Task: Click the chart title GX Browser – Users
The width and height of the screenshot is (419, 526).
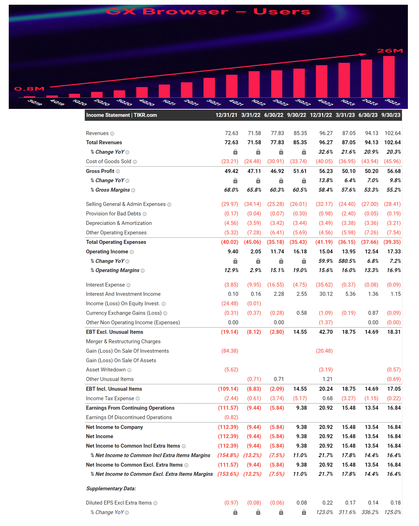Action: click(208, 11)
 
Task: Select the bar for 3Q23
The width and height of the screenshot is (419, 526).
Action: click(389, 77)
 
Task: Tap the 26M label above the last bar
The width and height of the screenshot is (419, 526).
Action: click(390, 51)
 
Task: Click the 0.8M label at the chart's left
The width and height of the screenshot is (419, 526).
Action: click(29, 89)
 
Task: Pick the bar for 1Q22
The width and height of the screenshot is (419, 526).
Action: click(254, 84)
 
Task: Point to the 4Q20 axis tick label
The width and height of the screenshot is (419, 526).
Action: click(147, 102)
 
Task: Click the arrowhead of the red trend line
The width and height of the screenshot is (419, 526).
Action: click(363, 54)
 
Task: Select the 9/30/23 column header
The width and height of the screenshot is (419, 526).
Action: click(391, 115)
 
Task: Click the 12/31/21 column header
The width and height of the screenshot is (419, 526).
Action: click(226, 115)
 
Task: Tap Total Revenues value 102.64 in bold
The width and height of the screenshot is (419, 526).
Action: click(392, 142)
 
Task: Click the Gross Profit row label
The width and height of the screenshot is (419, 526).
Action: click(100, 171)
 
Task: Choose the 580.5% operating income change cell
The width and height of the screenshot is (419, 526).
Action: click(346, 261)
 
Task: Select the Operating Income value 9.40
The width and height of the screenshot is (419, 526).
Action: click(233, 252)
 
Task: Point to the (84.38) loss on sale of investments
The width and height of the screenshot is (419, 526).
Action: click(230, 351)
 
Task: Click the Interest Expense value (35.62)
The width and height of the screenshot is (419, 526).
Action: click(324, 285)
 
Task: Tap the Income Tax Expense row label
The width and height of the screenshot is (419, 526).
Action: click(110, 398)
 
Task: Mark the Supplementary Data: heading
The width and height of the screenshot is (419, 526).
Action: click(111, 489)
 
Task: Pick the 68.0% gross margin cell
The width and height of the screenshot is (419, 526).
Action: click(231, 190)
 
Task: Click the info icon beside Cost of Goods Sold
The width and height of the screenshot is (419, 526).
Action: click(135, 162)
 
